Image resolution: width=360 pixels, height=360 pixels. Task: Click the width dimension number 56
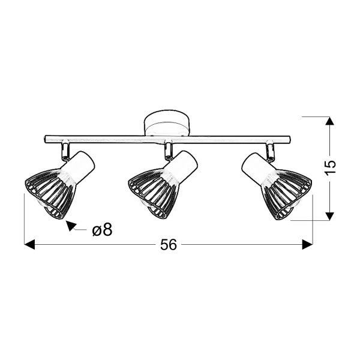click(x=169, y=245)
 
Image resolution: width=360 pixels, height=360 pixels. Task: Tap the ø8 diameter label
click(x=103, y=229)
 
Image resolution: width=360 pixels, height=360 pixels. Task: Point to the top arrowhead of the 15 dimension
click(x=328, y=122)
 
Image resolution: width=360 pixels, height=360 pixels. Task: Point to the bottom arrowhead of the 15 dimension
click(x=328, y=215)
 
